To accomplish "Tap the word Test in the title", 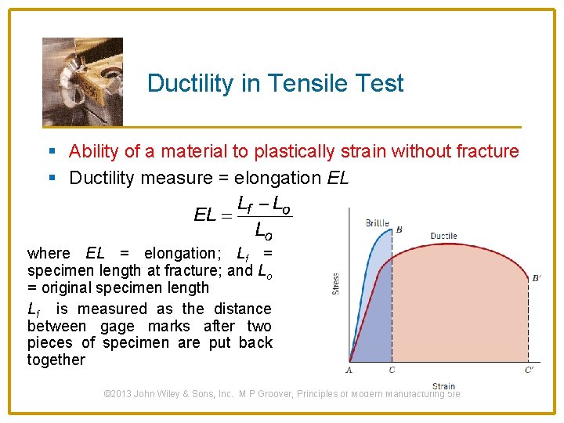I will [378, 83].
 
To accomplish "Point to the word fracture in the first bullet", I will [489, 151].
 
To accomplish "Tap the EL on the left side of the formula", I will [205, 214].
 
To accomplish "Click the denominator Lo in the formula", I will [264, 230].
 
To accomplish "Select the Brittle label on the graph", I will [377, 223].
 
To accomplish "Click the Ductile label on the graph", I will [443, 236].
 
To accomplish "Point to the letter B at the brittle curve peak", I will [399, 230].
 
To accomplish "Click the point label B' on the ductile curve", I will [536, 277].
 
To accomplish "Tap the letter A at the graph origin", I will [349, 370].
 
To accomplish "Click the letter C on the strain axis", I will [392, 370].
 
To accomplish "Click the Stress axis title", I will [335, 282].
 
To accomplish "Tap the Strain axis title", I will [443, 385].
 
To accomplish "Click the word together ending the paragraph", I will [56, 360].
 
